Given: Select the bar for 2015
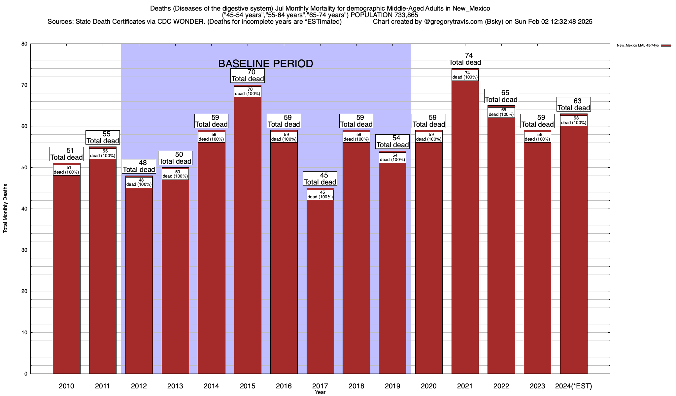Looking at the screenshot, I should pyautogui.click(x=248, y=231).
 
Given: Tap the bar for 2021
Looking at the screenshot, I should pyautogui.click(x=465, y=224).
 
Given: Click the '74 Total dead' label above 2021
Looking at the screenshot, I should pyautogui.click(x=465, y=59).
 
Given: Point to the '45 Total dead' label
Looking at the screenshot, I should pyautogui.click(x=320, y=179).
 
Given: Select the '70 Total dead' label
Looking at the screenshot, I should pyautogui.click(x=248, y=76).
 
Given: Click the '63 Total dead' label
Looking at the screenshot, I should pyautogui.click(x=574, y=104).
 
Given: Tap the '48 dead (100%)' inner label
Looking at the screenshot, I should pyautogui.click(x=139, y=182).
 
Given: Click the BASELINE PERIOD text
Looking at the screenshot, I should pyautogui.click(x=265, y=64).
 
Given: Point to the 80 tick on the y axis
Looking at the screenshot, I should pyautogui.click(x=24, y=44).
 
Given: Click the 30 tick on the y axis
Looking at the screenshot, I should pyautogui.click(x=24, y=250).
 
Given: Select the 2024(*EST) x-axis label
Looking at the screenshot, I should pyautogui.click(x=574, y=386).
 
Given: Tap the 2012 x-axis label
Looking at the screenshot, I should pyautogui.click(x=139, y=386).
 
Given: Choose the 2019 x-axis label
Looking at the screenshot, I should pyautogui.click(x=392, y=386).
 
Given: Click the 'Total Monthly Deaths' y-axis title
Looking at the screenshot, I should pyautogui.click(x=5, y=209).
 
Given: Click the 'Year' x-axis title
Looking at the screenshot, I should pyautogui.click(x=320, y=392).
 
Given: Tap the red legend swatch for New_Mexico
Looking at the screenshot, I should pyautogui.click(x=666, y=46).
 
